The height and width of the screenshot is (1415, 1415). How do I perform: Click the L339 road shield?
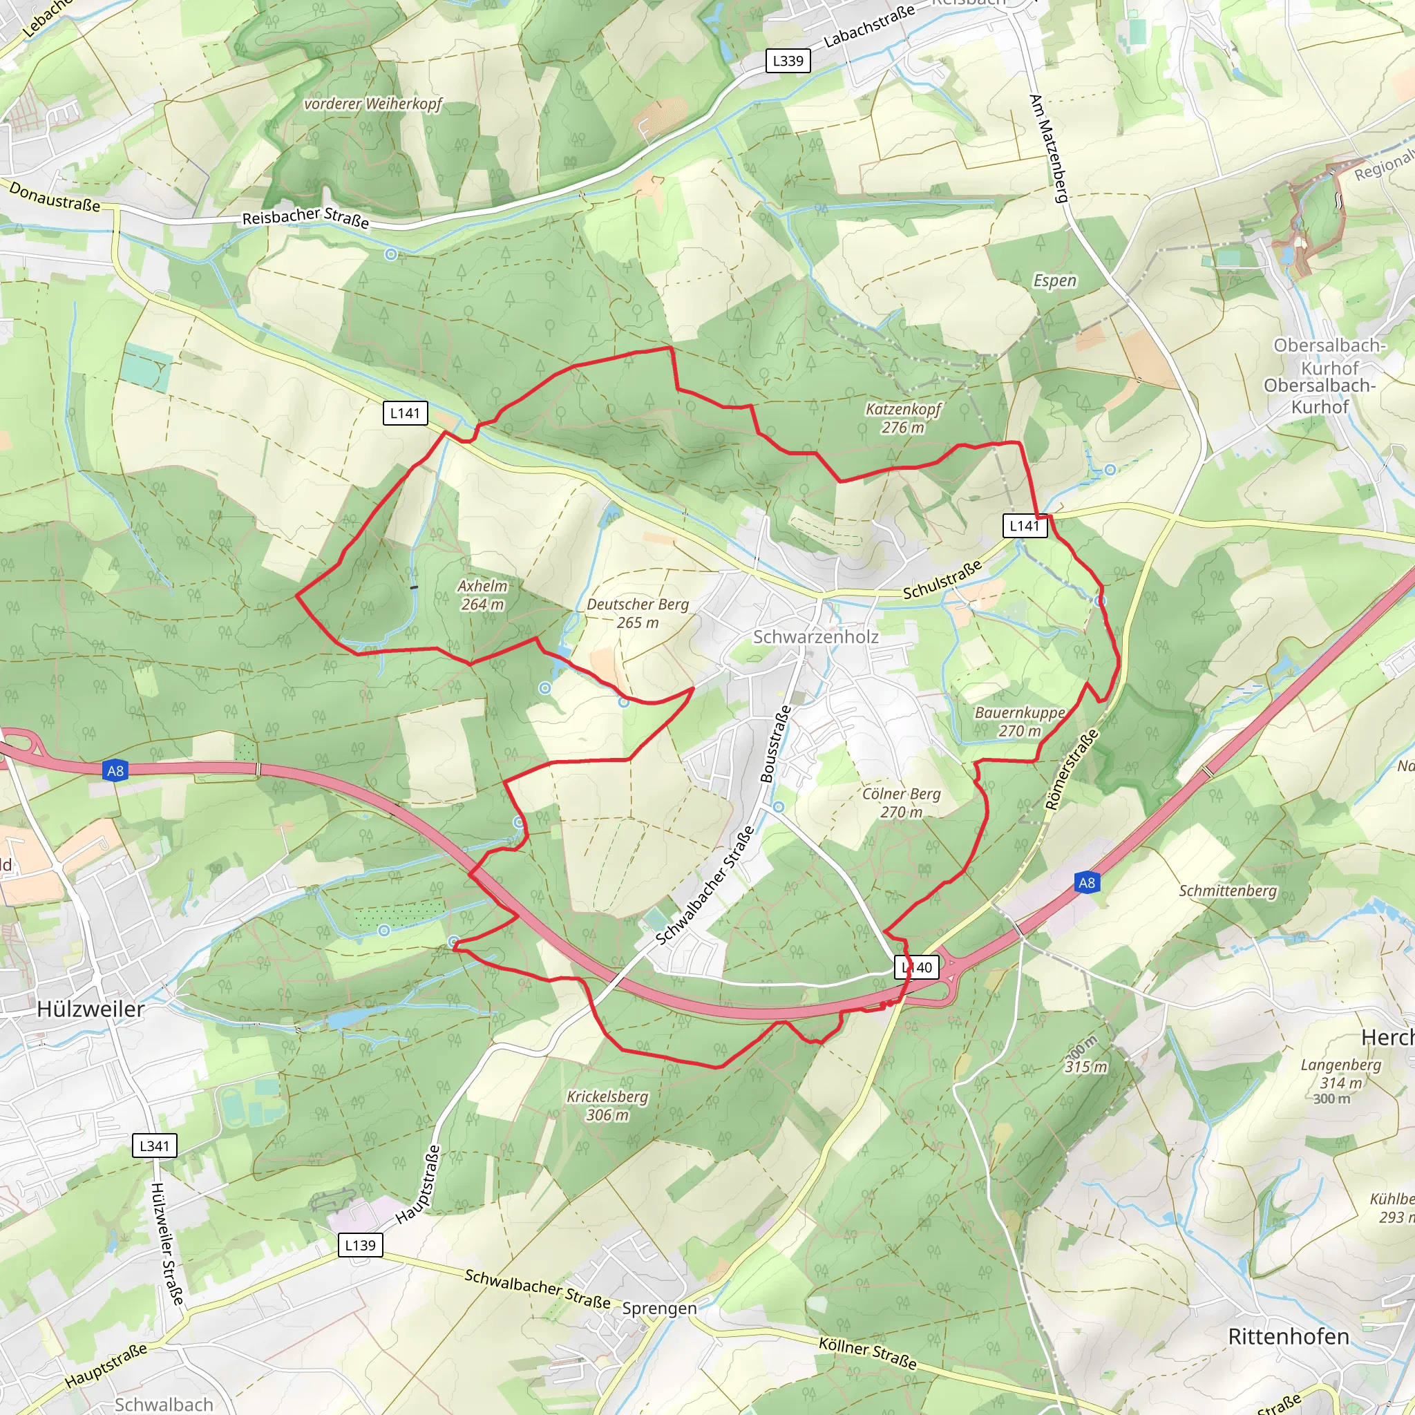pos(788,61)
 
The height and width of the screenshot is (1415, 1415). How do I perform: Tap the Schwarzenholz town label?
pos(815,636)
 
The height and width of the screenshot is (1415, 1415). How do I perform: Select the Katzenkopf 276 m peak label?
pos(902,418)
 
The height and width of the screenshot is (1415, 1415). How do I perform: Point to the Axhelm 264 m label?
pos(482,595)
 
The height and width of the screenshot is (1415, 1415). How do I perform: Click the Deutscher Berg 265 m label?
pos(637,613)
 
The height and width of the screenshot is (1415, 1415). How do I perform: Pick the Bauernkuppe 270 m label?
pos(1020,721)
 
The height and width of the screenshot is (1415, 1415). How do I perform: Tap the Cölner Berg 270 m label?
pos(901,803)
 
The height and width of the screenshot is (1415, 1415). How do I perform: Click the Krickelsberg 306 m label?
pos(607,1106)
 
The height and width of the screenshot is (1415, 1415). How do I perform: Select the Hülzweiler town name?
pos(91,1009)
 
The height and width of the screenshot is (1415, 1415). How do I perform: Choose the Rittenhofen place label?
pos(1289,1337)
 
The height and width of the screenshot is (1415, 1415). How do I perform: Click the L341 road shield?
pos(155,1146)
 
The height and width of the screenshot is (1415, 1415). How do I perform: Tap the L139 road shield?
pos(361,1245)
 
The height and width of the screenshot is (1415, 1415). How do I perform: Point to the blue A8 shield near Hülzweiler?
pos(115,770)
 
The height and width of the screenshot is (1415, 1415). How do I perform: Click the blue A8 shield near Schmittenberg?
pos(1087,882)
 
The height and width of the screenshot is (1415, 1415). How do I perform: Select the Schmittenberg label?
pos(1228,891)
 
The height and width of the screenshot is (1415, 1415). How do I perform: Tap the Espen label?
pos(1054,281)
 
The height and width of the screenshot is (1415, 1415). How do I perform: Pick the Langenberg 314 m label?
pos(1341,1074)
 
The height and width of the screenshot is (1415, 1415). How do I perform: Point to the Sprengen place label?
pos(659,1308)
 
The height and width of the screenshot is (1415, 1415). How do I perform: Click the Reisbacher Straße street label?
pos(305,217)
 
